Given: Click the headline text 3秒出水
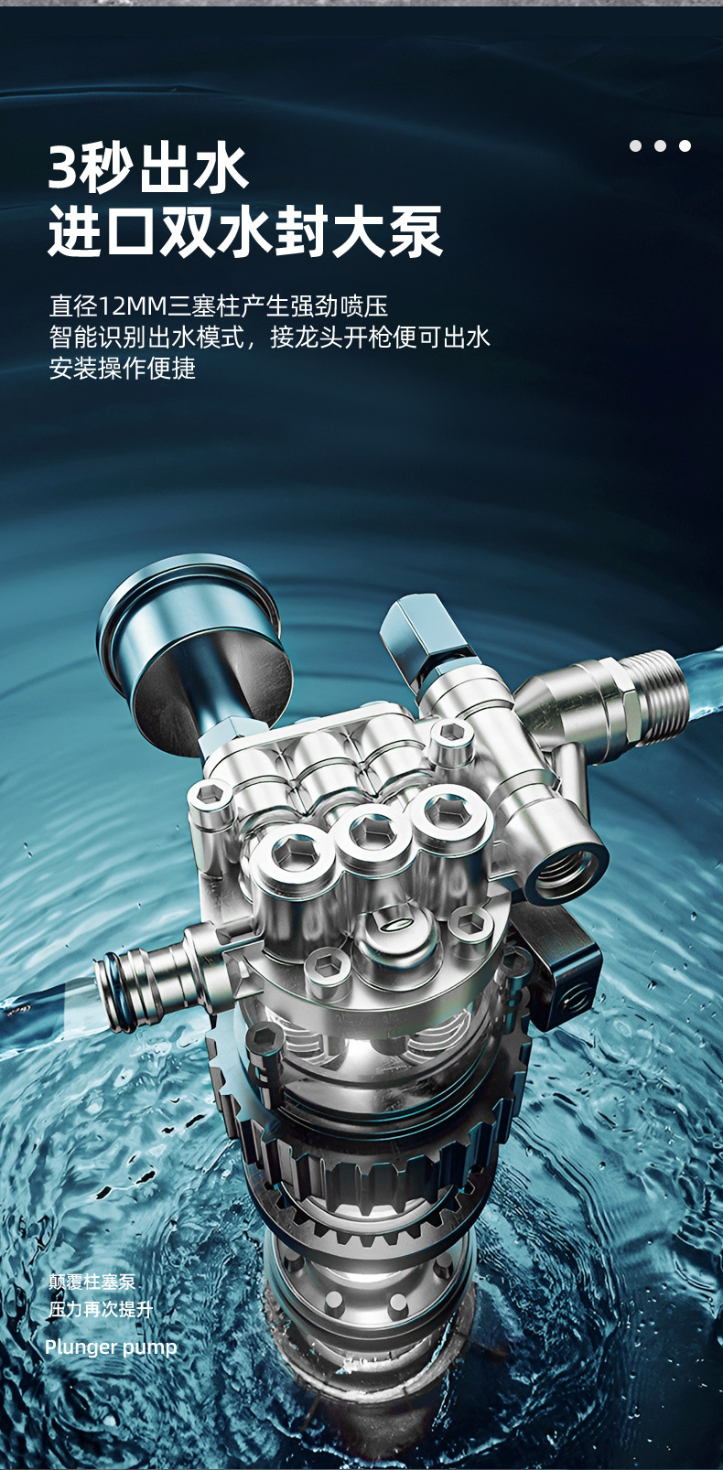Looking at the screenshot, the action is pos(148,168).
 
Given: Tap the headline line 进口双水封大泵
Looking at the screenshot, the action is pos(245,231).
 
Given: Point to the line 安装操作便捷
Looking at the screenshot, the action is pos(123,368).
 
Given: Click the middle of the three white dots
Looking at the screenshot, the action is pos(661,145).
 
